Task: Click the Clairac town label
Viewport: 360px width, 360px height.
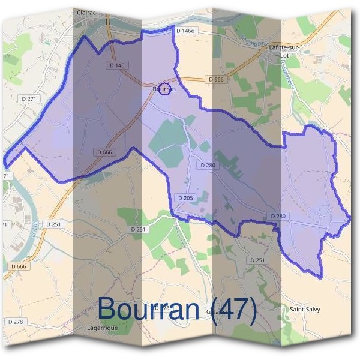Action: point(88,11)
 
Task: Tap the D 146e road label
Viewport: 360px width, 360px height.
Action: point(185,30)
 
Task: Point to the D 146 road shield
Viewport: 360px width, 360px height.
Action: point(117,65)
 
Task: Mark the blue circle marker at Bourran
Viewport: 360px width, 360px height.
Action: point(167,90)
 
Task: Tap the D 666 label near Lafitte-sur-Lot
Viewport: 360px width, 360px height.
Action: point(217,79)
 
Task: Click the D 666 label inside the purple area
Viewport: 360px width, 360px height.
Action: point(104,152)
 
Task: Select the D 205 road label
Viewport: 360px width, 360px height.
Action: point(185,197)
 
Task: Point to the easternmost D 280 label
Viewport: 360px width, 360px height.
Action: point(278,216)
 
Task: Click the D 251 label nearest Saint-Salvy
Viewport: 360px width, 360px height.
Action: point(257,259)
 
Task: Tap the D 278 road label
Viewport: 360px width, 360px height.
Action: point(16,322)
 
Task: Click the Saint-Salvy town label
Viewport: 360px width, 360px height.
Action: point(305,310)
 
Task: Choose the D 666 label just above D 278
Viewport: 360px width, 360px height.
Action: point(19,266)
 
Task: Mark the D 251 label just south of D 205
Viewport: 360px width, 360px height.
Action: point(138,229)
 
